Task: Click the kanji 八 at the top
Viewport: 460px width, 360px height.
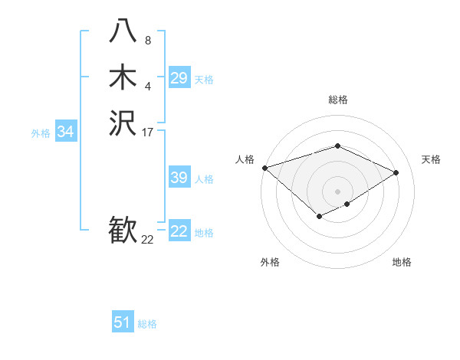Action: [123, 30]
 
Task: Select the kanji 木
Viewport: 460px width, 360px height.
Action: [123, 77]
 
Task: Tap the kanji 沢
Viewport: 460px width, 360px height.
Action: [123, 123]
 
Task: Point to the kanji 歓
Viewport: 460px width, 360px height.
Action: [123, 231]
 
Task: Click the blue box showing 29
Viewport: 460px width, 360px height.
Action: [179, 78]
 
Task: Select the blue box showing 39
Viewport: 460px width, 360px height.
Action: [179, 178]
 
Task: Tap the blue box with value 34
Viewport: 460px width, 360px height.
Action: [66, 132]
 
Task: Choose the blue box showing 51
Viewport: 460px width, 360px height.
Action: [123, 322]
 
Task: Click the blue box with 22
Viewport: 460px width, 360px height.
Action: [179, 231]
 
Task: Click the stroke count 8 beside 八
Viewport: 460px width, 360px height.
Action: [148, 41]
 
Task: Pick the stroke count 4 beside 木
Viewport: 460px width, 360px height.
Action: [148, 87]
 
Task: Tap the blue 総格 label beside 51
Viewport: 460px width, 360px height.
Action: [147, 324]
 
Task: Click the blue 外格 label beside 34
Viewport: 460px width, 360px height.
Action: [41, 133]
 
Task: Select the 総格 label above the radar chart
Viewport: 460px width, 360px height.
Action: [337, 100]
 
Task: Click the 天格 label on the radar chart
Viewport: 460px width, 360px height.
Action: [431, 159]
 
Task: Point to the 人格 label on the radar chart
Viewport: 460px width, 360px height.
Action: [245, 159]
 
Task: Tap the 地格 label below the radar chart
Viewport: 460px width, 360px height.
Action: [402, 262]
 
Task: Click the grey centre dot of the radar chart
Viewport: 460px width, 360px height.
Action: [337, 191]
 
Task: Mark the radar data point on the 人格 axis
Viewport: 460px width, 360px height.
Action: [264, 168]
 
